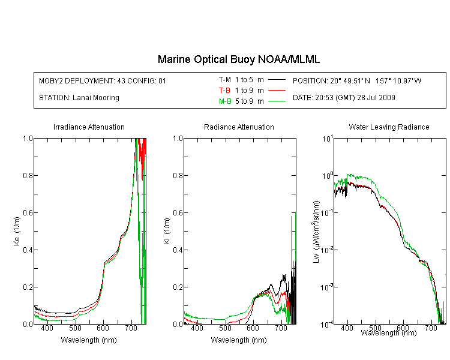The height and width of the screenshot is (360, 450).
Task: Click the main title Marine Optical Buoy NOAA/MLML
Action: click(238, 59)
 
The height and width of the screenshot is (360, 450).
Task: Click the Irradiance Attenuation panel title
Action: click(89, 127)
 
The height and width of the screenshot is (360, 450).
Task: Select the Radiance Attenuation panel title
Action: click(239, 127)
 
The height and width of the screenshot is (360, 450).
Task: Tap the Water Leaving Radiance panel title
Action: click(389, 127)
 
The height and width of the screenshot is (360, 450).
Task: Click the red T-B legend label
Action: click(224, 91)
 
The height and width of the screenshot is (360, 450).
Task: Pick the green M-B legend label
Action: click(225, 101)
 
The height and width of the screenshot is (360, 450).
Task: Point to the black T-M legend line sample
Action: click(277, 80)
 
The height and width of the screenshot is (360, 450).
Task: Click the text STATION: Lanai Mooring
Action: click(79, 98)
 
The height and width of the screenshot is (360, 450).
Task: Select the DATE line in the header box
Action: click(344, 98)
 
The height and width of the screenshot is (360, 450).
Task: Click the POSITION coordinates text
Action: click(357, 80)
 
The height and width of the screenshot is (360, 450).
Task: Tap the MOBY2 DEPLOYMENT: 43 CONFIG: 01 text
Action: click(103, 80)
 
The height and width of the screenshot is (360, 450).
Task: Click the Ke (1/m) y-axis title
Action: click(17, 231)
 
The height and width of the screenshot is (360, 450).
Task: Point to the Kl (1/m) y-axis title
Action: click(167, 231)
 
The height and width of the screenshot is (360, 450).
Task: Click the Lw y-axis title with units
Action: click(316, 232)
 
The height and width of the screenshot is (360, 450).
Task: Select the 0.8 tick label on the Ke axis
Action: click(28, 175)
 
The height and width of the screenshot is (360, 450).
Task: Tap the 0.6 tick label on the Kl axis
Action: click(178, 213)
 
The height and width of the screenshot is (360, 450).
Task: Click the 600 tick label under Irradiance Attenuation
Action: click(103, 328)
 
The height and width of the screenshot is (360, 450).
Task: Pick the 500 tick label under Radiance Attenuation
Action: click(225, 328)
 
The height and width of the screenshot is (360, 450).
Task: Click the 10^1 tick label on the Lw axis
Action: click(327, 139)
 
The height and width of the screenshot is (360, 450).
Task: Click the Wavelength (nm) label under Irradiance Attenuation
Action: click(89, 340)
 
